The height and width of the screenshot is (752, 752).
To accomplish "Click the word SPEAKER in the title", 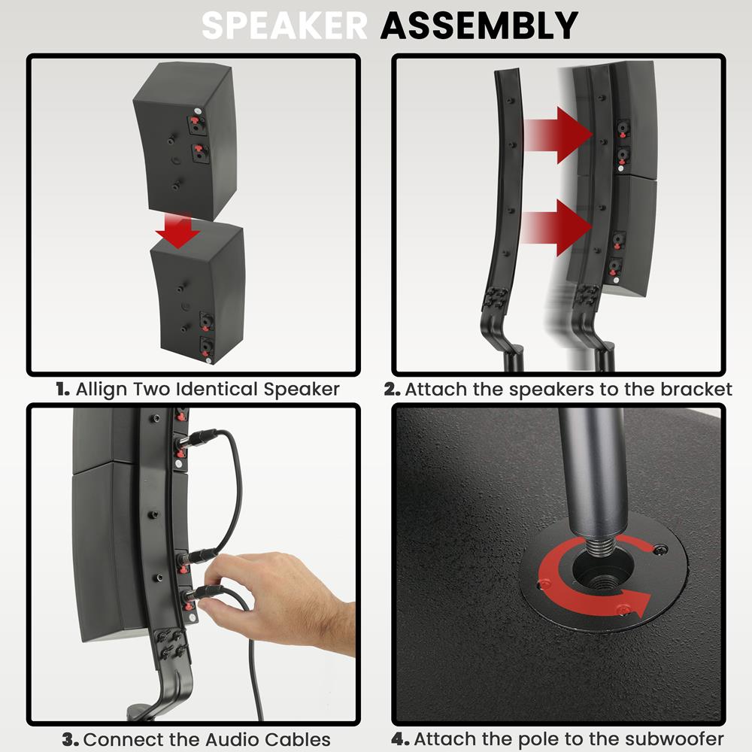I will click(284, 26).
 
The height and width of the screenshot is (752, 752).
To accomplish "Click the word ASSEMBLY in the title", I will click(479, 26).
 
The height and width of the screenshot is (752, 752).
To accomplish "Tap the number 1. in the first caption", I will click(63, 390).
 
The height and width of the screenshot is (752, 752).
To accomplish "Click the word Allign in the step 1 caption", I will click(102, 390).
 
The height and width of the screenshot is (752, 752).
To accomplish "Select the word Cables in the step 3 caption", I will click(297, 739).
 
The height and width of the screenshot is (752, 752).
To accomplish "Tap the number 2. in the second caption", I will click(392, 390).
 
